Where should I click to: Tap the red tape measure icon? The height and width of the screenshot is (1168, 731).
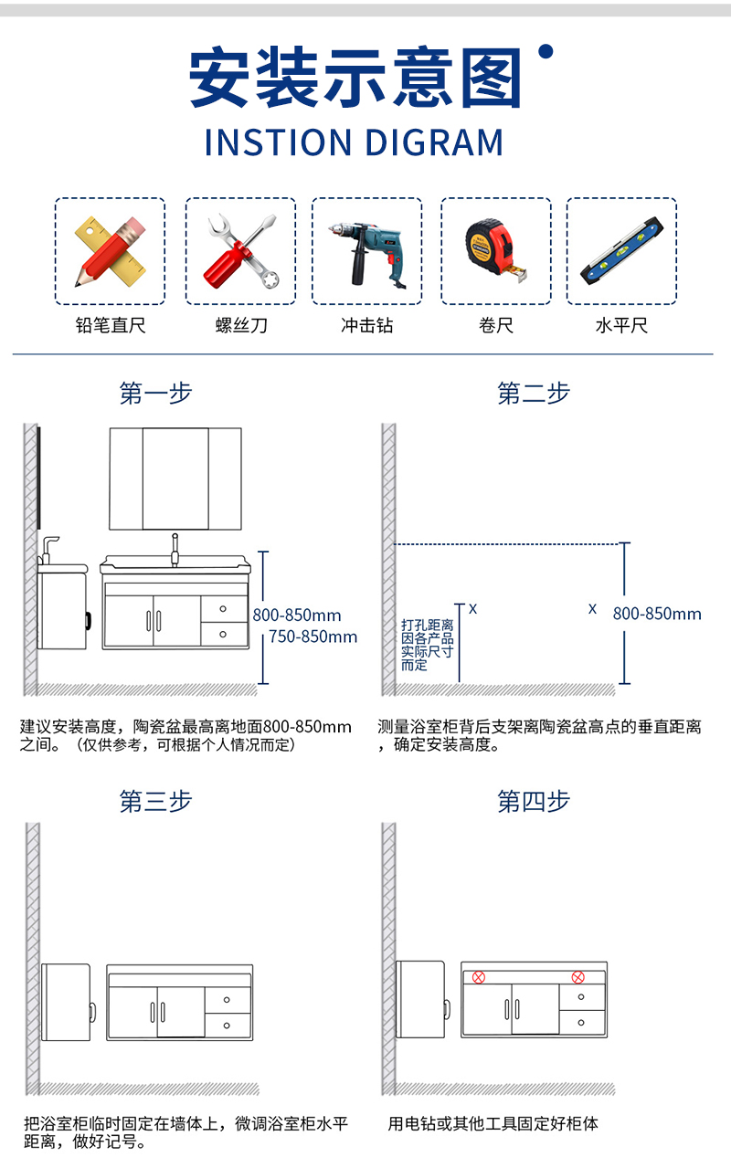495,250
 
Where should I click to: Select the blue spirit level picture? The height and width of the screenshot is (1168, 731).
621,251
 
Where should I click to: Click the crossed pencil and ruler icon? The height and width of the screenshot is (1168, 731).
110,251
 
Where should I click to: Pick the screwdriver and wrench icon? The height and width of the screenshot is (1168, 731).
240,251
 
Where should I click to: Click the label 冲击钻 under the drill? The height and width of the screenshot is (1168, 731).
366,325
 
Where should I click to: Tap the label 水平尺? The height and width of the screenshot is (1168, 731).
621,325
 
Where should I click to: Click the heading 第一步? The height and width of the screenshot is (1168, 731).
155,393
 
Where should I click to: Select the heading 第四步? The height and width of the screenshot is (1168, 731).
534,801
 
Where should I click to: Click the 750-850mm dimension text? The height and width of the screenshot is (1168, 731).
313,637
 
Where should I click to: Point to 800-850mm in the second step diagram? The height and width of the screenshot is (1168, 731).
657,614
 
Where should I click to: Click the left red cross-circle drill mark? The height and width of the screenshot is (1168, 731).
479,977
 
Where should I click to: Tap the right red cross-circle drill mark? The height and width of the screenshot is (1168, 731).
577,977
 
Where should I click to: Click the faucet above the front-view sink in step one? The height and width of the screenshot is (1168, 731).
175,550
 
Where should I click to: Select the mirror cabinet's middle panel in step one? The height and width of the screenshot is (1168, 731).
175,479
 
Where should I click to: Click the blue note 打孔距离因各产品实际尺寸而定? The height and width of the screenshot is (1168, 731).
427,645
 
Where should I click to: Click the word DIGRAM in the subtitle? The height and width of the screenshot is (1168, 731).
434,142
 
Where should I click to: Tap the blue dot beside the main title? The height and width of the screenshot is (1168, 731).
546,51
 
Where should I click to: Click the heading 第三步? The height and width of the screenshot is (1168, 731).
155,801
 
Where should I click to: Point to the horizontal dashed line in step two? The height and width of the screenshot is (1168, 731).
506,544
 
